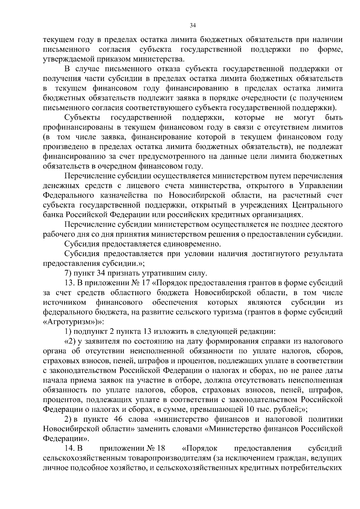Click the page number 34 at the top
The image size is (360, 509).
pyautogui.click(x=193, y=26)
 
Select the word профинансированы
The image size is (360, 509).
pyautogui.click(x=77, y=127)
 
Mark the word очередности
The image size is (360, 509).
pyautogui.click(x=259, y=98)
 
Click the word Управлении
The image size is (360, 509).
pyautogui.click(x=321, y=186)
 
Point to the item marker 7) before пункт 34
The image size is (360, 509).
pyautogui.click(x=68, y=273)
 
